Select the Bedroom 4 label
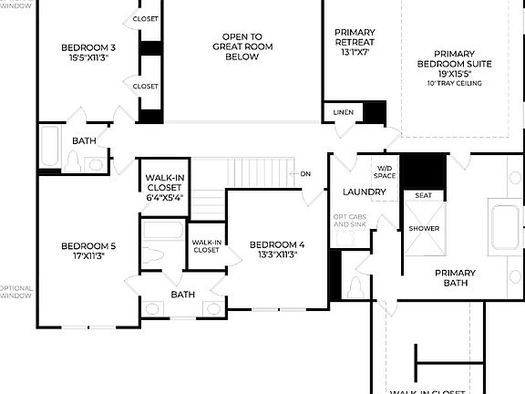point(276,244)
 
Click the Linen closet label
point(343,112)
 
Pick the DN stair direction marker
point(305,173)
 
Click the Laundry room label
point(365,192)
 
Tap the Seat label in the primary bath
point(423,195)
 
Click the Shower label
point(423,228)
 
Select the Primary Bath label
point(455,278)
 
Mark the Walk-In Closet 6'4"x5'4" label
point(164,187)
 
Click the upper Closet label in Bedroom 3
point(146,18)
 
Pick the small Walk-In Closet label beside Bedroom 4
point(206,246)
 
